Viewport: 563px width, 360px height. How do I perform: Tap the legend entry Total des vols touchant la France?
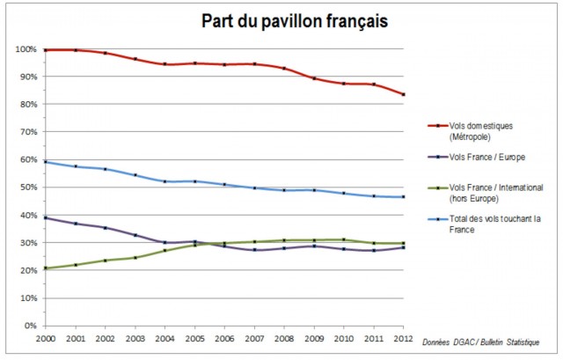coord(485,223)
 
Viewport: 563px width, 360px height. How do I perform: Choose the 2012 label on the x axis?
coord(404,338)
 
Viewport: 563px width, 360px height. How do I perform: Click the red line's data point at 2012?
coord(404,95)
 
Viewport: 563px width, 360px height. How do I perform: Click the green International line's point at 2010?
coord(344,239)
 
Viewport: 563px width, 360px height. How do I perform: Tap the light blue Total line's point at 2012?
coord(404,197)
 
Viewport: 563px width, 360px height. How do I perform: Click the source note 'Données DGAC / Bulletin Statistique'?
coord(480,342)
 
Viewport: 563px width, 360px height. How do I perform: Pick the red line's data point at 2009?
coord(314,78)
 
